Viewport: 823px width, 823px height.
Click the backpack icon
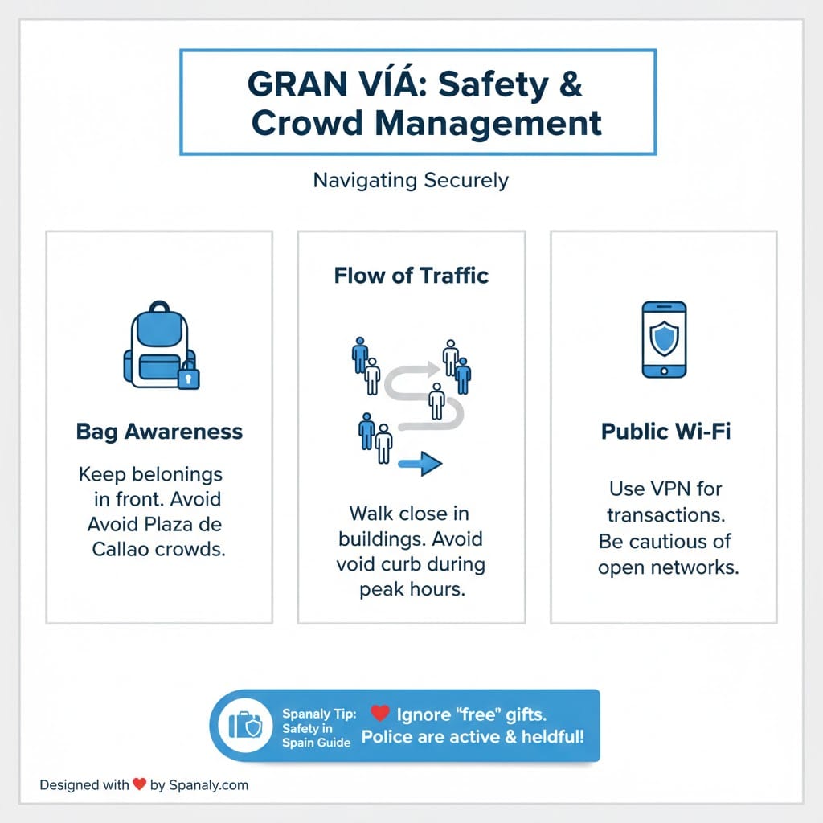[x=159, y=346]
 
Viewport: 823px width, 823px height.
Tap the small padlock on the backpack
[x=189, y=376]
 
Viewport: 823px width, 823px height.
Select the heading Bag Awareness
[x=159, y=432]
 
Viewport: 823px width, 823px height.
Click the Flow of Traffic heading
[x=411, y=276]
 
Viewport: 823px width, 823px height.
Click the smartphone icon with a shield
[x=664, y=339]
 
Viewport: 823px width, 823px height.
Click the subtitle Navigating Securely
[x=411, y=179]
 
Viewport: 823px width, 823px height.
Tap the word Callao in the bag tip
[x=122, y=551]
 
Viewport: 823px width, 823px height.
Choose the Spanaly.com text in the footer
[x=209, y=785]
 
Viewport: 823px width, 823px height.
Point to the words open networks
[x=668, y=567]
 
